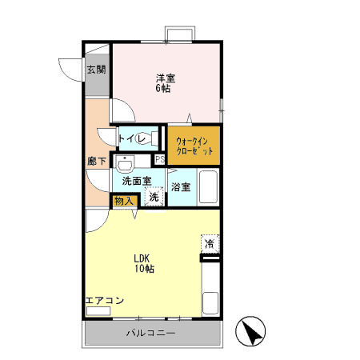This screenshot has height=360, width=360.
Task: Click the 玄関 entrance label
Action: (97, 70)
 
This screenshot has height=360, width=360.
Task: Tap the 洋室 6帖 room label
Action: (166, 83)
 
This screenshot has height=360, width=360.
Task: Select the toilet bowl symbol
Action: (146, 138)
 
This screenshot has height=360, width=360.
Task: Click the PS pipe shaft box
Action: (160, 159)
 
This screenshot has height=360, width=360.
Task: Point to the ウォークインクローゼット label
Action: (194, 146)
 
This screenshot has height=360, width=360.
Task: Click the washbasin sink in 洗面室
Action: (124, 163)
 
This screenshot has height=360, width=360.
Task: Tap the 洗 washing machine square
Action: (154, 197)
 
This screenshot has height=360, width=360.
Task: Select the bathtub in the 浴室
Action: (208, 187)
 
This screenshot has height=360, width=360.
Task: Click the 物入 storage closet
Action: (124, 201)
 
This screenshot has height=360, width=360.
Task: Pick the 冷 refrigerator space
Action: (210, 243)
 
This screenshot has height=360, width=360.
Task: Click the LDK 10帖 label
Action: (144, 263)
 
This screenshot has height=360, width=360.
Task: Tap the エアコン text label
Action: (105, 301)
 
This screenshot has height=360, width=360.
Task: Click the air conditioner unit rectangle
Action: (98, 311)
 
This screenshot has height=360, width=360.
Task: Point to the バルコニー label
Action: (151, 333)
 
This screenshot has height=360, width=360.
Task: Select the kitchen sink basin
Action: (210, 303)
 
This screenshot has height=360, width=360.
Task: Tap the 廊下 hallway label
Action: (97, 161)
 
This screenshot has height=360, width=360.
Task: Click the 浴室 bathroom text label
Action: (181, 187)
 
